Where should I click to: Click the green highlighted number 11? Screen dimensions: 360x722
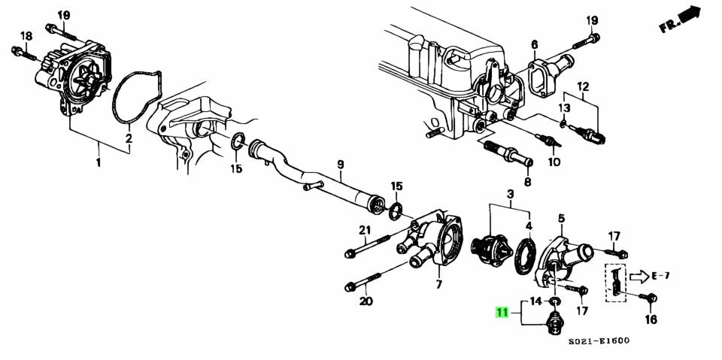coord(501,313)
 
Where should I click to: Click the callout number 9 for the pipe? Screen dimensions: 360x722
coord(340,164)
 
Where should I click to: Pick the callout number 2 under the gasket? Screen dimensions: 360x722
coord(129,138)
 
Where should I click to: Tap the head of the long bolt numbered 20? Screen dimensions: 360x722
coord(351,286)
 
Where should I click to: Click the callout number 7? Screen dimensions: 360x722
coord(438,285)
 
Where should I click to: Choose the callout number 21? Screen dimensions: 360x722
coord(365,230)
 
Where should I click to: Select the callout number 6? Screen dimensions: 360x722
coord(534,45)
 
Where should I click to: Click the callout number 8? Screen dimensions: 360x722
coord(527,181)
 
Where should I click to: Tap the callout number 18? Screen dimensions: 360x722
coord(26,36)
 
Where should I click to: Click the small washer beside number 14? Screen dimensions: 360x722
coord(554,301)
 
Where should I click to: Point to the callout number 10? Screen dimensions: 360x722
coord(554,162)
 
